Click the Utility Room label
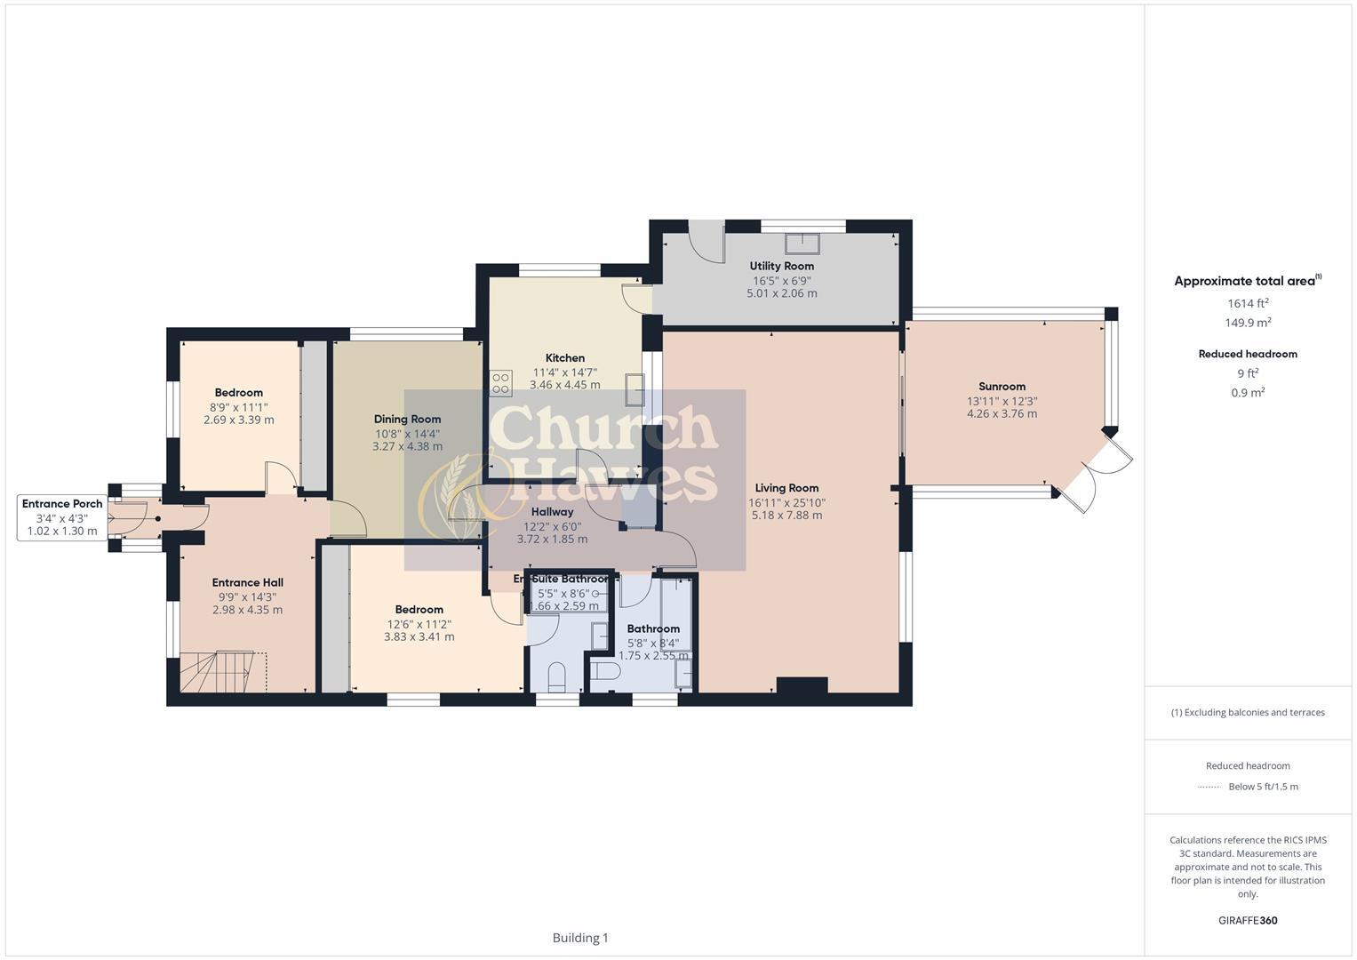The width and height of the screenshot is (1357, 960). click(781, 266)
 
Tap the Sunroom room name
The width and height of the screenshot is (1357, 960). click(1002, 387)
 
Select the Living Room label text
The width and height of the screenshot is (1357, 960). click(786, 488)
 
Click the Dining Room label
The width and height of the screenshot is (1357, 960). click(407, 420)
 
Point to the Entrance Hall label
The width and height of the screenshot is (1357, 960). click(247, 583)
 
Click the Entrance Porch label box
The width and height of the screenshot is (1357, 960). click(62, 517)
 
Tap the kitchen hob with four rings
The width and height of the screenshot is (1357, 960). click(500, 383)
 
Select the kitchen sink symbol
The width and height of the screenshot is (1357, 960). click(635, 389)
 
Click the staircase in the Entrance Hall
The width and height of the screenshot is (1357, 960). click(223, 671)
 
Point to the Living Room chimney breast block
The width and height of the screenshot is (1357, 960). click(802, 685)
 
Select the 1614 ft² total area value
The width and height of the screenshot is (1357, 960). click(1248, 303)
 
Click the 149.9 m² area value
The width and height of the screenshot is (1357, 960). click(1248, 324)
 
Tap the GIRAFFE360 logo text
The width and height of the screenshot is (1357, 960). click(1248, 920)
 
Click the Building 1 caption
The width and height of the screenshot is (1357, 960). click(580, 938)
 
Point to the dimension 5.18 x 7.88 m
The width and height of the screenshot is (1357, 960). click(786, 516)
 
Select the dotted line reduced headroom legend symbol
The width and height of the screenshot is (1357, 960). click(1209, 787)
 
